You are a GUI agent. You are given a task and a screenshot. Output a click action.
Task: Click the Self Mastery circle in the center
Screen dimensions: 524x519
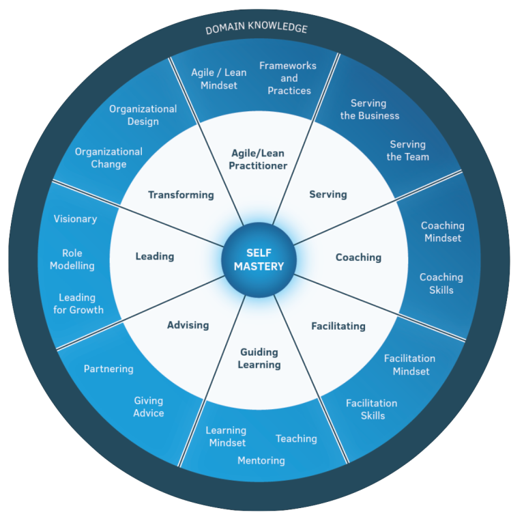tap(259, 259)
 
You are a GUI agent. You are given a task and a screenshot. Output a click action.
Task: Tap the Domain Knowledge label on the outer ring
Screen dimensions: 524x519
tap(257, 28)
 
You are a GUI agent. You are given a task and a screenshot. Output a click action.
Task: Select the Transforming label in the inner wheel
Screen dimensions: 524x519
tap(181, 195)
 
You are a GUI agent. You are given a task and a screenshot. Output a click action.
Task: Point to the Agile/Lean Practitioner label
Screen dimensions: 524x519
tap(258, 159)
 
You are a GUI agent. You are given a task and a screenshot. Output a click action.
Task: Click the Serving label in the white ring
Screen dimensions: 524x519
tap(327, 195)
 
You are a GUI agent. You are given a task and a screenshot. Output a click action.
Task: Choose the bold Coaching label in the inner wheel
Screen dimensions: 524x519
tap(358, 257)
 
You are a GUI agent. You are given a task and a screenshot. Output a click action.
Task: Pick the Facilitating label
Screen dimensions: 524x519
tap(338, 326)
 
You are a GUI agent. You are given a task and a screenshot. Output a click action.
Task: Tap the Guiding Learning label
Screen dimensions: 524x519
tap(259, 358)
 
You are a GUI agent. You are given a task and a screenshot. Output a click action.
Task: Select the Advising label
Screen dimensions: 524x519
tap(188, 325)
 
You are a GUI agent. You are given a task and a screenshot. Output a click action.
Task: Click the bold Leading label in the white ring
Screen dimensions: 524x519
tap(155, 257)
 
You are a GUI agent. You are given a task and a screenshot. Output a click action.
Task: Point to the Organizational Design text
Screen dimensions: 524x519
tap(143, 115)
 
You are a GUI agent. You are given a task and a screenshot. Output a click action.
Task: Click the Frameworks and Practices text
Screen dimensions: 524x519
tap(288, 79)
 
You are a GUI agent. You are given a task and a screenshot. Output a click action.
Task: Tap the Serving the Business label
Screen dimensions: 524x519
tap(370, 109)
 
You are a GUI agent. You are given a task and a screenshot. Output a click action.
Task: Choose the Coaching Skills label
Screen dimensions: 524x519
tap(441, 283)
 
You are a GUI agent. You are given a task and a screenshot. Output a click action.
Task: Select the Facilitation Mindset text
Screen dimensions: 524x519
tap(409, 365)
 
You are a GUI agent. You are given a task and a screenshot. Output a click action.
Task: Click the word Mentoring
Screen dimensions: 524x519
tap(261, 460)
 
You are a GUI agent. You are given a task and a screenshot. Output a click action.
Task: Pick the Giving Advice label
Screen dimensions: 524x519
tap(149, 406)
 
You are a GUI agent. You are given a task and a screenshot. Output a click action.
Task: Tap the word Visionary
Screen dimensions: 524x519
tap(76, 219)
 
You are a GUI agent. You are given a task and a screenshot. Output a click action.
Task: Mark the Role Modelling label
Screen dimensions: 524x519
tap(72, 259)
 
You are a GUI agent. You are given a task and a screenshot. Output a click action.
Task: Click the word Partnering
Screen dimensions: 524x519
tap(108, 369)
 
